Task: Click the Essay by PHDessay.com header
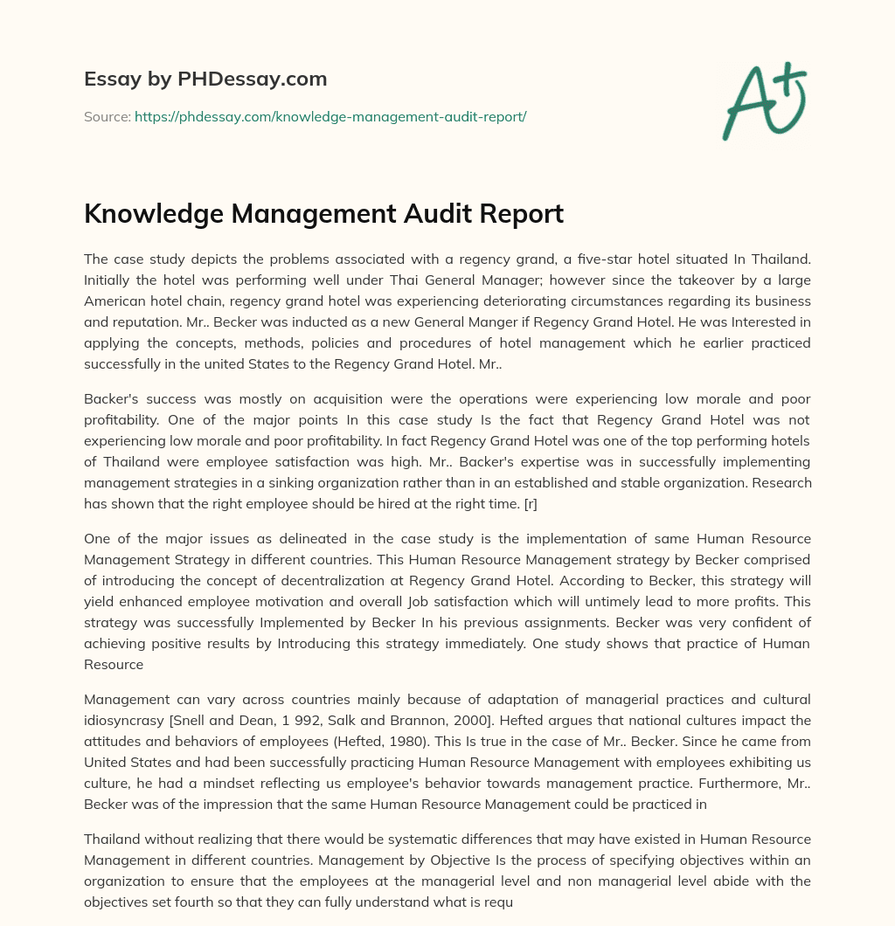[205, 79]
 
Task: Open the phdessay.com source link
[330, 116]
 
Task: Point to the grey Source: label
[107, 116]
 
